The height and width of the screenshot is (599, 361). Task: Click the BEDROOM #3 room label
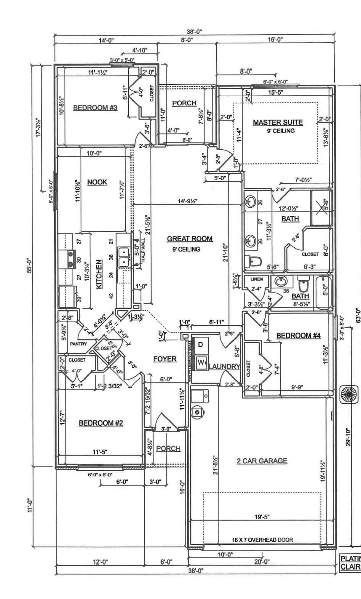click(95, 108)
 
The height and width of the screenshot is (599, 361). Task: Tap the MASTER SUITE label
click(278, 123)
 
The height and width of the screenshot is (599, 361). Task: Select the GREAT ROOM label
click(189, 239)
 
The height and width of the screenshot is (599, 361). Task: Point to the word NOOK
click(97, 182)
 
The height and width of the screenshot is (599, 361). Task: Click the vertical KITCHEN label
click(99, 274)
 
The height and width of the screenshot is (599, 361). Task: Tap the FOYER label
click(165, 359)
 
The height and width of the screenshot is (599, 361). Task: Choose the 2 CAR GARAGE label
click(262, 461)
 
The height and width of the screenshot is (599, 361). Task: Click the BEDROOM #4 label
click(298, 336)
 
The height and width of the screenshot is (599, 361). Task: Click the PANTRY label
click(79, 344)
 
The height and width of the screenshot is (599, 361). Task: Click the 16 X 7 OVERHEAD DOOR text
click(262, 540)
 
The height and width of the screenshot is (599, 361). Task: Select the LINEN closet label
click(256, 279)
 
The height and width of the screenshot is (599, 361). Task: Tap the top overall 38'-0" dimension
click(194, 32)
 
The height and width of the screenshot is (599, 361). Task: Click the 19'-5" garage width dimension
click(262, 517)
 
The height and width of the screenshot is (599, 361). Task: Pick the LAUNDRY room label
click(224, 367)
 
